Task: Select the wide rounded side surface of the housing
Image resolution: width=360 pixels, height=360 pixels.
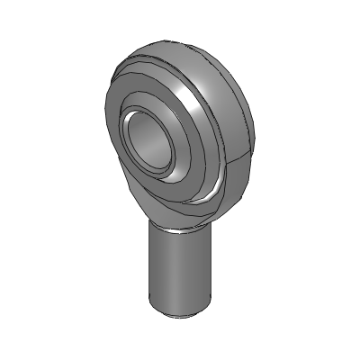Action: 234,108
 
